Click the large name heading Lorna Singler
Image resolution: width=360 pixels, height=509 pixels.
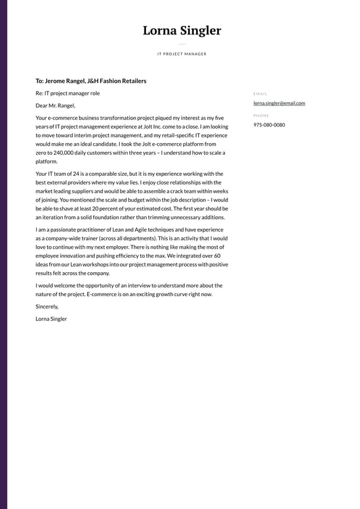tap(182, 31)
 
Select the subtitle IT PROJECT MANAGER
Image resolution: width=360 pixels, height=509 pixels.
tap(182, 54)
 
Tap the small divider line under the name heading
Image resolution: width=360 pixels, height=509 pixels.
tap(182, 44)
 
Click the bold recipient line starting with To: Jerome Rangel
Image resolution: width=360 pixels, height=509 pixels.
tap(91, 81)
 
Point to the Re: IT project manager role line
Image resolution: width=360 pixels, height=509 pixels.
tap(68, 94)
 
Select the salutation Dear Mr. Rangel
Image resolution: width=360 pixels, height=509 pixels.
tap(55, 106)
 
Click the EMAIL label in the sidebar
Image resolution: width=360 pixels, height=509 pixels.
tap(260, 94)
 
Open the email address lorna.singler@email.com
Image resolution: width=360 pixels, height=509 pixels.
tap(279, 104)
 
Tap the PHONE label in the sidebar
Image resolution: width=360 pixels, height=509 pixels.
tap(261, 116)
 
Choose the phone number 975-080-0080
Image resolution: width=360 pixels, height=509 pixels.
tap(269, 125)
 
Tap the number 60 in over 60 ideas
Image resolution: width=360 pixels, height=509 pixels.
tap(217, 255)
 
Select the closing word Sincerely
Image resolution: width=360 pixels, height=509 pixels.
tap(47, 307)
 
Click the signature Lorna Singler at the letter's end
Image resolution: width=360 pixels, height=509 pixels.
tap(51, 319)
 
